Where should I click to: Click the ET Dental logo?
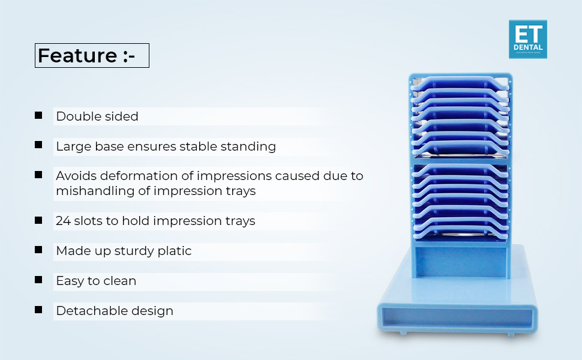[527, 39]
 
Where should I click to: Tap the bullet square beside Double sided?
[38, 115]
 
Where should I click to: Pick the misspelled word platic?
[175, 251]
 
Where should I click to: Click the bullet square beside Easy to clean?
[38, 280]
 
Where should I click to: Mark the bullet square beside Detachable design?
[38, 310]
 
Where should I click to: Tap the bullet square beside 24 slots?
[38, 220]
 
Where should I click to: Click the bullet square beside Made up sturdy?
[38, 250]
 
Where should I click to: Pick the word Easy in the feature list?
[69, 281]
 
